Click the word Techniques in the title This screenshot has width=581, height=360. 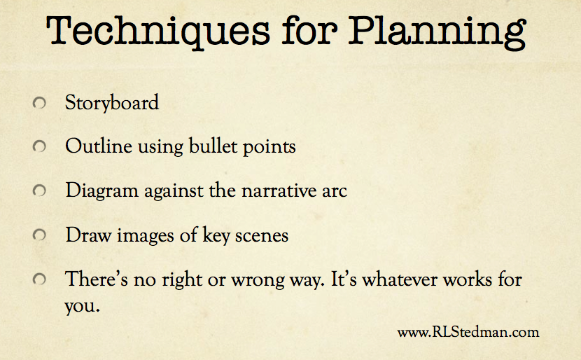(x=158, y=32)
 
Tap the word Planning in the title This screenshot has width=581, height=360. (x=437, y=33)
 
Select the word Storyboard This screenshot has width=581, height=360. (x=112, y=103)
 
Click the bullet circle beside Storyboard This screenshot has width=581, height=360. (x=39, y=103)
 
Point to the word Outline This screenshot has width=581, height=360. (x=99, y=146)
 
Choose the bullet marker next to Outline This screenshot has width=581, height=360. (x=39, y=146)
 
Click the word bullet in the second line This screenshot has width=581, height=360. (x=213, y=146)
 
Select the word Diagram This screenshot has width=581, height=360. (x=102, y=191)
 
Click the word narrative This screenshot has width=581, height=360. (x=279, y=191)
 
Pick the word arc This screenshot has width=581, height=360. (x=335, y=192)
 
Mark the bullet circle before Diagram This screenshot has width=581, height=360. (x=39, y=191)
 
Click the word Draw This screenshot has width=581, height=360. (x=89, y=235)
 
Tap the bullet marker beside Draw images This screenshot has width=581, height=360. (x=39, y=235)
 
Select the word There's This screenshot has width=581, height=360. (x=97, y=279)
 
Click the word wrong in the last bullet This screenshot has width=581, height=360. (x=258, y=281)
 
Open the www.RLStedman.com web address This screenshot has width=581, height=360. (x=468, y=332)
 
